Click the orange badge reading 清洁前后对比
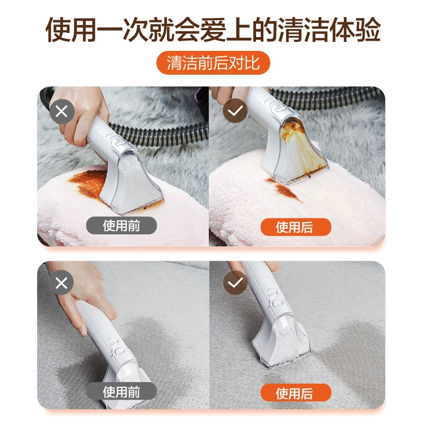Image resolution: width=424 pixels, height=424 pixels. pyautogui.click(x=213, y=63)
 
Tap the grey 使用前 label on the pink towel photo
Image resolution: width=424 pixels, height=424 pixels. pyautogui.click(x=121, y=226)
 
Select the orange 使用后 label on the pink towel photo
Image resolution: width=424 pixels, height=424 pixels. pyautogui.click(x=296, y=227)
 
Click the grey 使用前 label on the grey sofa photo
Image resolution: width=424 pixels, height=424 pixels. pyautogui.click(x=121, y=392)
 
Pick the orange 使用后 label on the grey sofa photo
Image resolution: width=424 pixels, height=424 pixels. pyautogui.click(x=296, y=393)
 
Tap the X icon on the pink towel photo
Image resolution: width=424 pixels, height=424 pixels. pyautogui.click(x=61, y=111)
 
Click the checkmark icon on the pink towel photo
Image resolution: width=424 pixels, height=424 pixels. pyautogui.click(x=235, y=111)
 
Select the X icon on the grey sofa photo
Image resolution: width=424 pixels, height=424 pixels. pyautogui.click(x=61, y=283)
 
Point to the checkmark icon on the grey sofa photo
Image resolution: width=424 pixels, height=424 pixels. pyautogui.click(x=235, y=283)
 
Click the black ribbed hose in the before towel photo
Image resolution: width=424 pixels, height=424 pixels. pyautogui.click(x=160, y=135)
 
